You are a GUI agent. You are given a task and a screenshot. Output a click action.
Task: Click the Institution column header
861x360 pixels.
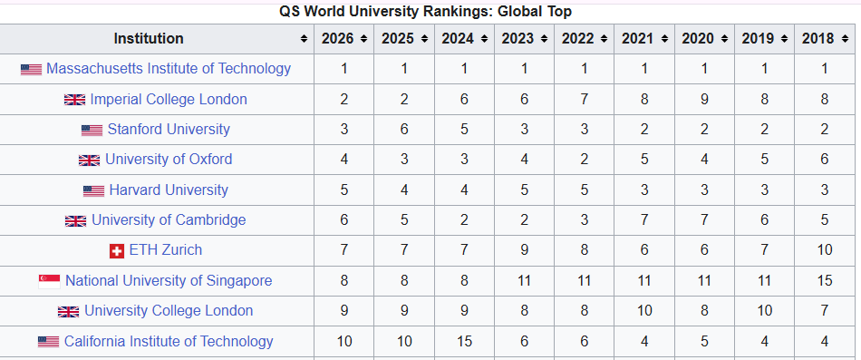tap(149, 38)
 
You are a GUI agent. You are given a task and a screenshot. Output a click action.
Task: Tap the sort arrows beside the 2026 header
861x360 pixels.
tap(363, 39)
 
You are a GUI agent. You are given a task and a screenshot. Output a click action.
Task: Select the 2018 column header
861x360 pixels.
tap(817, 38)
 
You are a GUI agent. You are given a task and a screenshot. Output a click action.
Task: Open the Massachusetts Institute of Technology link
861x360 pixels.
tap(169, 69)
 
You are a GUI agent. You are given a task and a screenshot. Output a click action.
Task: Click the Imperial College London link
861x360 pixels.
tap(169, 100)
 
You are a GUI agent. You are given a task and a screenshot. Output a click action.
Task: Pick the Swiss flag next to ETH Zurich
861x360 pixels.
tap(116, 251)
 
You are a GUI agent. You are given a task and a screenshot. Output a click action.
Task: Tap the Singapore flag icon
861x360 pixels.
tap(50, 281)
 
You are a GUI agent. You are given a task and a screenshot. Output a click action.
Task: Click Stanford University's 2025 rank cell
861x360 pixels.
tap(404, 130)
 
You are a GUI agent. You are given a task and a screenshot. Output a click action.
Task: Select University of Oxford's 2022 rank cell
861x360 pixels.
tap(585, 160)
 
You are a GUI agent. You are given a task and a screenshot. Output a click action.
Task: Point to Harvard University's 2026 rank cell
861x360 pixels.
tap(344, 190)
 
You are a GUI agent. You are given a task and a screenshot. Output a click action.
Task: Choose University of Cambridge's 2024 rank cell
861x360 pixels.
tap(464, 220)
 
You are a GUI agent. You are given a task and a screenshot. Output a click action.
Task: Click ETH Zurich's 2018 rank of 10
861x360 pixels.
tap(825, 250)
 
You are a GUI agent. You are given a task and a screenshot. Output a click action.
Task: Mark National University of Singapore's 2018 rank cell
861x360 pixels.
tap(825, 281)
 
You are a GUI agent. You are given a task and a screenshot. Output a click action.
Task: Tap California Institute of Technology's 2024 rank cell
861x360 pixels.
tap(464, 341)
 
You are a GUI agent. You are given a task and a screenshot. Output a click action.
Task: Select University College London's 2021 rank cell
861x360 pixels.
tap(644, 311)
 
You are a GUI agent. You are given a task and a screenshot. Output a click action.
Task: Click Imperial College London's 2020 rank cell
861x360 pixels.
tap(704, 100)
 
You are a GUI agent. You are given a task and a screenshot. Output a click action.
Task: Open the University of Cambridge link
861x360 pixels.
tap(169, 220)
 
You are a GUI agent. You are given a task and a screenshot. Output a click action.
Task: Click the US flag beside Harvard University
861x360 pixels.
tap(93, 190)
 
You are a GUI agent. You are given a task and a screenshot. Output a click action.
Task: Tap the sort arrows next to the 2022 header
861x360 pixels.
tap(603, 39)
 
